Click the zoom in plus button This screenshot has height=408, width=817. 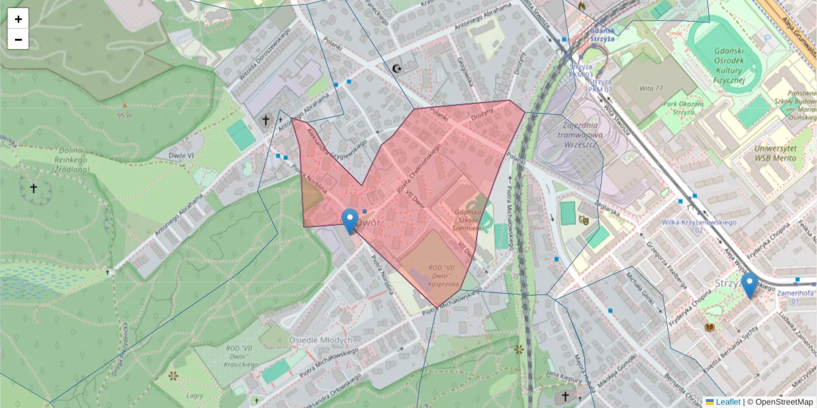pos(18,19)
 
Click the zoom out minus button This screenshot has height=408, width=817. pos(18,39)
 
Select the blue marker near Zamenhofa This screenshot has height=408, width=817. pos(750,286)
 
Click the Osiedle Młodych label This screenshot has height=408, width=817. pos(321,339)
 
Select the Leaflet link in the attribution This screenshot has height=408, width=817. pos(727,402)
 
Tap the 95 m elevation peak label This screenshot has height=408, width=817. pos(124,115)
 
